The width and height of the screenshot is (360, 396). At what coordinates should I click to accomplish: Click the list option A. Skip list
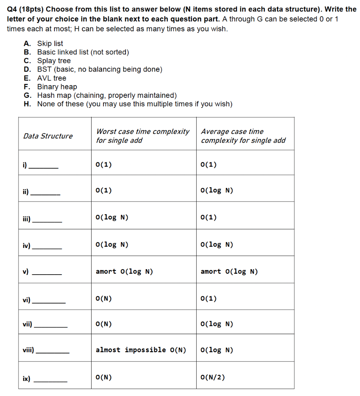(x=50, y=44)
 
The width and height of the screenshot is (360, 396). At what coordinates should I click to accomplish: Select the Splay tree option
(x=54, y=61)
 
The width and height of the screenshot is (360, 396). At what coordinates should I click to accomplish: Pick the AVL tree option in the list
(x=51, y=78)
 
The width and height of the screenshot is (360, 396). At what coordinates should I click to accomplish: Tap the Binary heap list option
(x=57, y=87)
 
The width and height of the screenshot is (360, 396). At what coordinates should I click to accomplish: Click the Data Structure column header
(x=48, y=136)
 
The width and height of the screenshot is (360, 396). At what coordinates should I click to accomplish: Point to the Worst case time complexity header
(x=143, y=136)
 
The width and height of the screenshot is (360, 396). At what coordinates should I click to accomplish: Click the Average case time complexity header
(x=243, y=136)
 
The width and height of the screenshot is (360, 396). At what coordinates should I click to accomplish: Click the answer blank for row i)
(x=44, y=167)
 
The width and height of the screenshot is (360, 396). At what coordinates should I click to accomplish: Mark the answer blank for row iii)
(x=47, y=221)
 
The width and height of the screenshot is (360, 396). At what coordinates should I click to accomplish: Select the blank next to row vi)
(x=49, y=302)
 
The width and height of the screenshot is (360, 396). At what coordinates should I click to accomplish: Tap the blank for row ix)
(x=51, y=382)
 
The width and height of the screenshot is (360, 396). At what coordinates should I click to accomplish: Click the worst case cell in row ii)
(x=104, y=190)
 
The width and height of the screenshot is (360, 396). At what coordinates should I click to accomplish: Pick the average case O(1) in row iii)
(x=209, y=217)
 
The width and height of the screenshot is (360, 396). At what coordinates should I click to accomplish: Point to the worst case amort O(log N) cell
(x=124, y=271)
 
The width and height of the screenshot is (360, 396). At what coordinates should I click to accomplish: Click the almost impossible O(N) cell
(x=141, y=350)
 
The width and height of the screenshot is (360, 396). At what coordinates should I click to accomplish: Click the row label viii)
(x=28, y=350)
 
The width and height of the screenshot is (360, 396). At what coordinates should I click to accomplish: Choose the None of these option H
(x=134, y=104)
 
